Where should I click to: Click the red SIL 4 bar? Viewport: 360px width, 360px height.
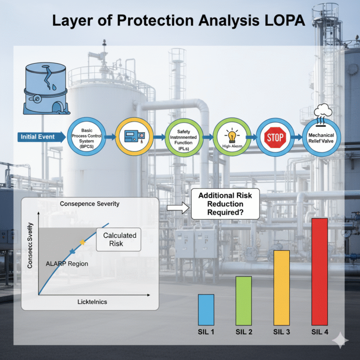click(x=320, y=271)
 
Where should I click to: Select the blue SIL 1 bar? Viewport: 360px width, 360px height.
click(x=206, y=309)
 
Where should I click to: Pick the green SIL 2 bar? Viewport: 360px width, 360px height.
click(x=243, y=300)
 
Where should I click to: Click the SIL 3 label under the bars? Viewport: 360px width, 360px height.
click(x=281, y=332)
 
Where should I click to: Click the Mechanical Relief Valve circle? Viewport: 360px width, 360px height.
click(x=321, y=137)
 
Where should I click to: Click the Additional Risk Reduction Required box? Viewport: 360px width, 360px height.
click(x=226, y=204)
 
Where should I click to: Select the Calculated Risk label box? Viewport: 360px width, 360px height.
click(x=120, y=239)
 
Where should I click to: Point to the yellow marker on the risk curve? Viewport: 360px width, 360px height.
click(x=82, y=242)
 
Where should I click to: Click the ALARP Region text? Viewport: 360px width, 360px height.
click(x=67, y=263)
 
